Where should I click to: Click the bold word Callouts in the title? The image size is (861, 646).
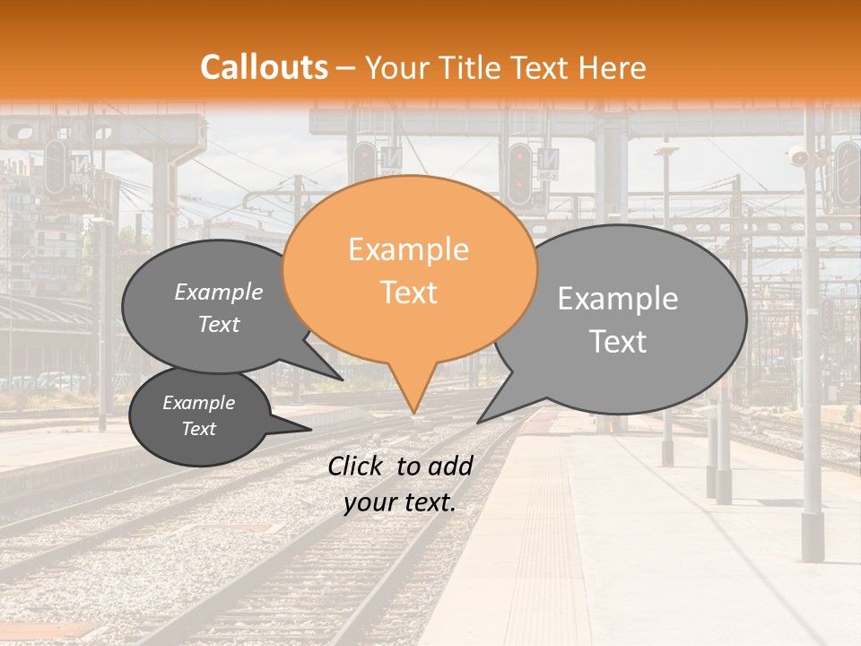[264, 67]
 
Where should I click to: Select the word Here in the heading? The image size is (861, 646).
[612, 67]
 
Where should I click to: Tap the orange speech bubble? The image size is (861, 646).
[409, 269]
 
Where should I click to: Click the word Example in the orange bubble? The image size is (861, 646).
[408, 249]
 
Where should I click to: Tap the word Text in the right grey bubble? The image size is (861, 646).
[618, 342]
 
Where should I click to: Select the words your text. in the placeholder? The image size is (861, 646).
[399, 503]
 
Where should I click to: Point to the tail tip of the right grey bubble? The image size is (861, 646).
[478, 422]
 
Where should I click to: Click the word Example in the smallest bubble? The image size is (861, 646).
[199, 403]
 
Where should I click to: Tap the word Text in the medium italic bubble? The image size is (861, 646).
[219, 325]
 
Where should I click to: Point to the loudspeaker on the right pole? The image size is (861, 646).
[797, 157]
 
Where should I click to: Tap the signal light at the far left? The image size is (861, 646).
[55, 166]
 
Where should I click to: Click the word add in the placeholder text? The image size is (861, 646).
[451, 466]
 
